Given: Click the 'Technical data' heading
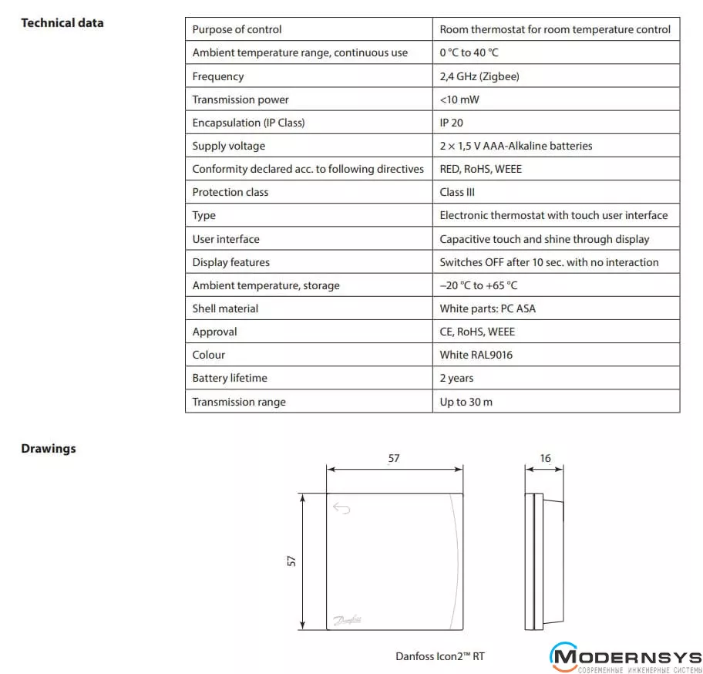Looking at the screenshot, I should [x=62, y=23].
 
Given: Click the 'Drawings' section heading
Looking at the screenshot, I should [x=48, y=449].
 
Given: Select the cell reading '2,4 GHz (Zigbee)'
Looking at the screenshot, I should [x=479, y=76].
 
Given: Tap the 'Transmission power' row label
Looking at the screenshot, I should [x=240, y=99].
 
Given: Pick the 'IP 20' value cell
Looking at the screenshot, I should [x=451, y=123].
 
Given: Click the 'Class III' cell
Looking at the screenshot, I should [x=457, y=192].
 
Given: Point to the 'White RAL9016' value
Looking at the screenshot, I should [x=476, y=355].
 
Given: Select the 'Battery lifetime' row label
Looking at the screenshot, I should [x=230, y=378].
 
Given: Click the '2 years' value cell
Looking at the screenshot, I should [x=456, y=378].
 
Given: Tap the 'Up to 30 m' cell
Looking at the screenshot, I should [x=466, y=402].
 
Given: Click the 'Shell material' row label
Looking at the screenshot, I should [x=225, y=308].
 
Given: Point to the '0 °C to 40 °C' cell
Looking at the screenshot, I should [x=469, y=53].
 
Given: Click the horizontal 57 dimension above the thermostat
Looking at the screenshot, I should [x=394, y=458].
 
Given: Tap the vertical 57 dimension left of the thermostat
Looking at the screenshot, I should [x=291, y=561].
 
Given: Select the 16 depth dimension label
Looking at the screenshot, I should [x=546, y=458].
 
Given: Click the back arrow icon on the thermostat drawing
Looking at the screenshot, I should [x=341, y=508].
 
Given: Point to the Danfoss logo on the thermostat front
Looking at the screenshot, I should [x=349, y=619].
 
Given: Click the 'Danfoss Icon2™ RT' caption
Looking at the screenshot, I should [x=440, y=657].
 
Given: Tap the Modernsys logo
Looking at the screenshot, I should [x=625, y=658].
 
